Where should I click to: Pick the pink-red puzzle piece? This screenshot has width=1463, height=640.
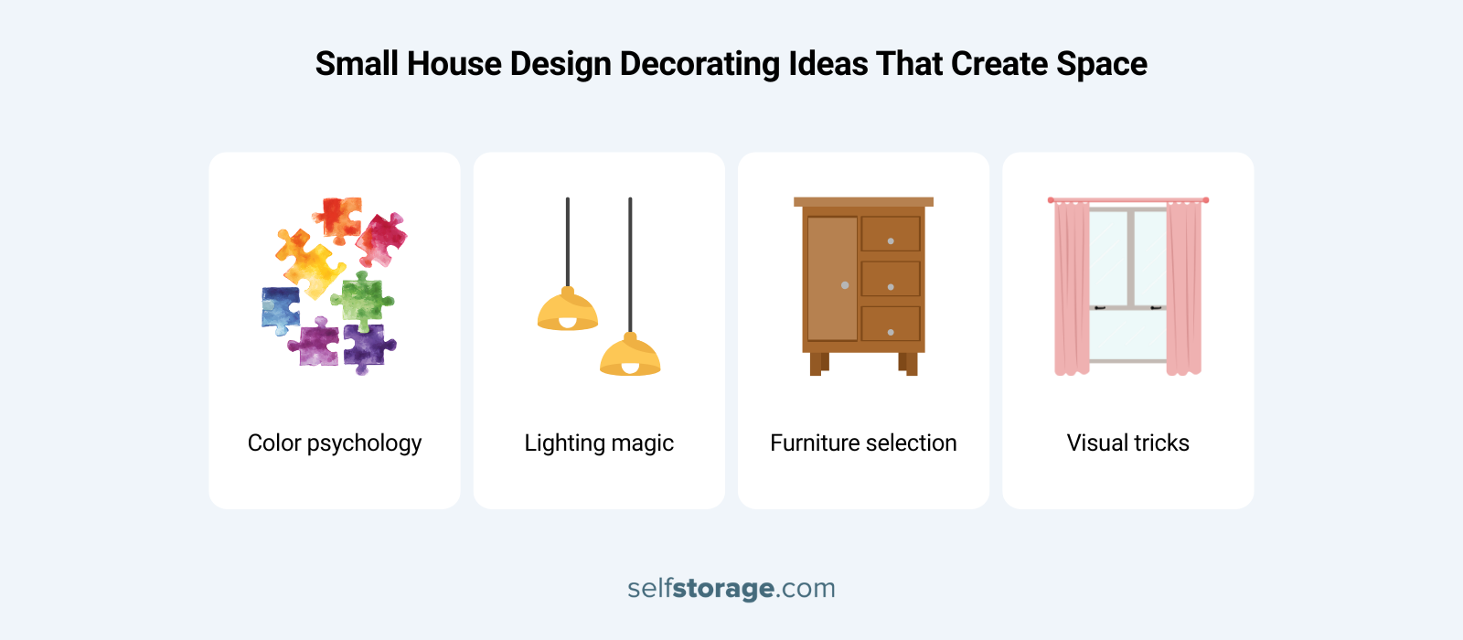coord(380,238)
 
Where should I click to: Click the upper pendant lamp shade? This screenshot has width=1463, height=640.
coord(568,311)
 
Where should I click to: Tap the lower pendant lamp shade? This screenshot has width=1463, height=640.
coord(630,357)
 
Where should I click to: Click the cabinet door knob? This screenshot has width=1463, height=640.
coord(845,285)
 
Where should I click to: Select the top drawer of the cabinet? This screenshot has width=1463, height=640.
coord(891,234)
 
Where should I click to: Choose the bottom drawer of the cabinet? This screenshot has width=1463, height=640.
coord(891,325)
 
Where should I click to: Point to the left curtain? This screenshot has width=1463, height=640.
coord(1071,288)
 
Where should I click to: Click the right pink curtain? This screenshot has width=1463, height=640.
coord(1184,288)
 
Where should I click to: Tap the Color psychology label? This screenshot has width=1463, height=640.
coord(335,443)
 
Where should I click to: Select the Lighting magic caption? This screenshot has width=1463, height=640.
coord(599,443)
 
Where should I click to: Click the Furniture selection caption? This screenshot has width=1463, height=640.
coord(863,443)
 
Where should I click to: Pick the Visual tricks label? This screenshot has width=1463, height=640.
coord(1127,443)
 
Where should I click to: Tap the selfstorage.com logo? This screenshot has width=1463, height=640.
coord(731,588)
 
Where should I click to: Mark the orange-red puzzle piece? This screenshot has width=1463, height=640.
coord(339,219)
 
